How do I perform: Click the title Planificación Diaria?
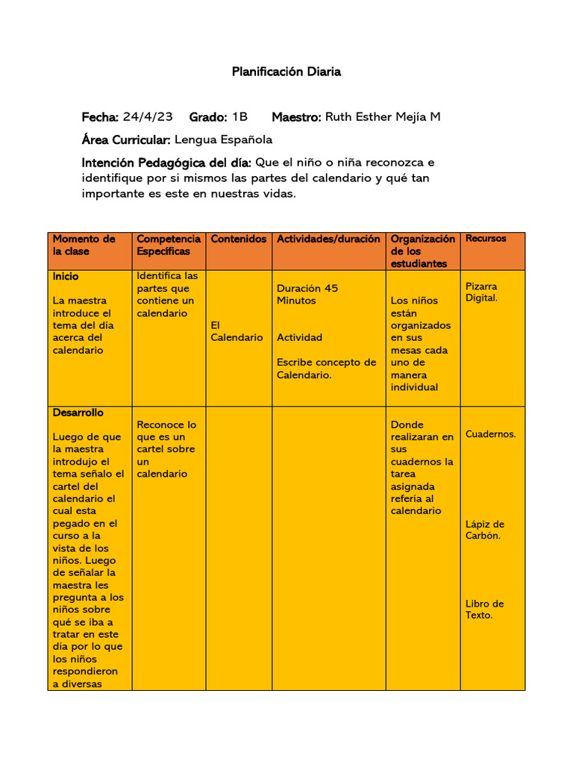pyautogui.click(x=286, y=72)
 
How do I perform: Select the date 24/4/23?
pyautogui.click(x=148, y=117)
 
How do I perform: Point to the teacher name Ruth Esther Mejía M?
pyautogui.click(x=383, y=117)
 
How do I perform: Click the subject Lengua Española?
pyautogui.click(x=223, y=140)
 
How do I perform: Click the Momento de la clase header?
pyautogui.click(x=84, y=245)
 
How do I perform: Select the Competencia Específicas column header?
pyautogui.click(x=169, y=245)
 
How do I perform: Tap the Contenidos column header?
pyautogui.click(x=239, y=239)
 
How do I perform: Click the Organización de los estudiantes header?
pyautogui.click(x=422, y=251)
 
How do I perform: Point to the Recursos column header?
pyautogui.click(x=486, y=238)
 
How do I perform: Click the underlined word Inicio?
pyautogui.click(x=66, y=276)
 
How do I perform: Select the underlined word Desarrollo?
pyautogui.click(x=78, y=413)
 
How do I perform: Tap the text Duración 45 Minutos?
pyautogui.click(x=307, y=295)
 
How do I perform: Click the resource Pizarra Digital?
pyautogui.click(x=481, y=292)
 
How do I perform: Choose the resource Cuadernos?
pyautogui.click(x=490, y=433)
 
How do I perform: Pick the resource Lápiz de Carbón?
pyautogui.click(x=485, y=530)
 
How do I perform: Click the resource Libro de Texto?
pyautogui.click(x=484, y=610)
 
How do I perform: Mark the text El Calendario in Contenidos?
pyautogui.click(x=237, y=331)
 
